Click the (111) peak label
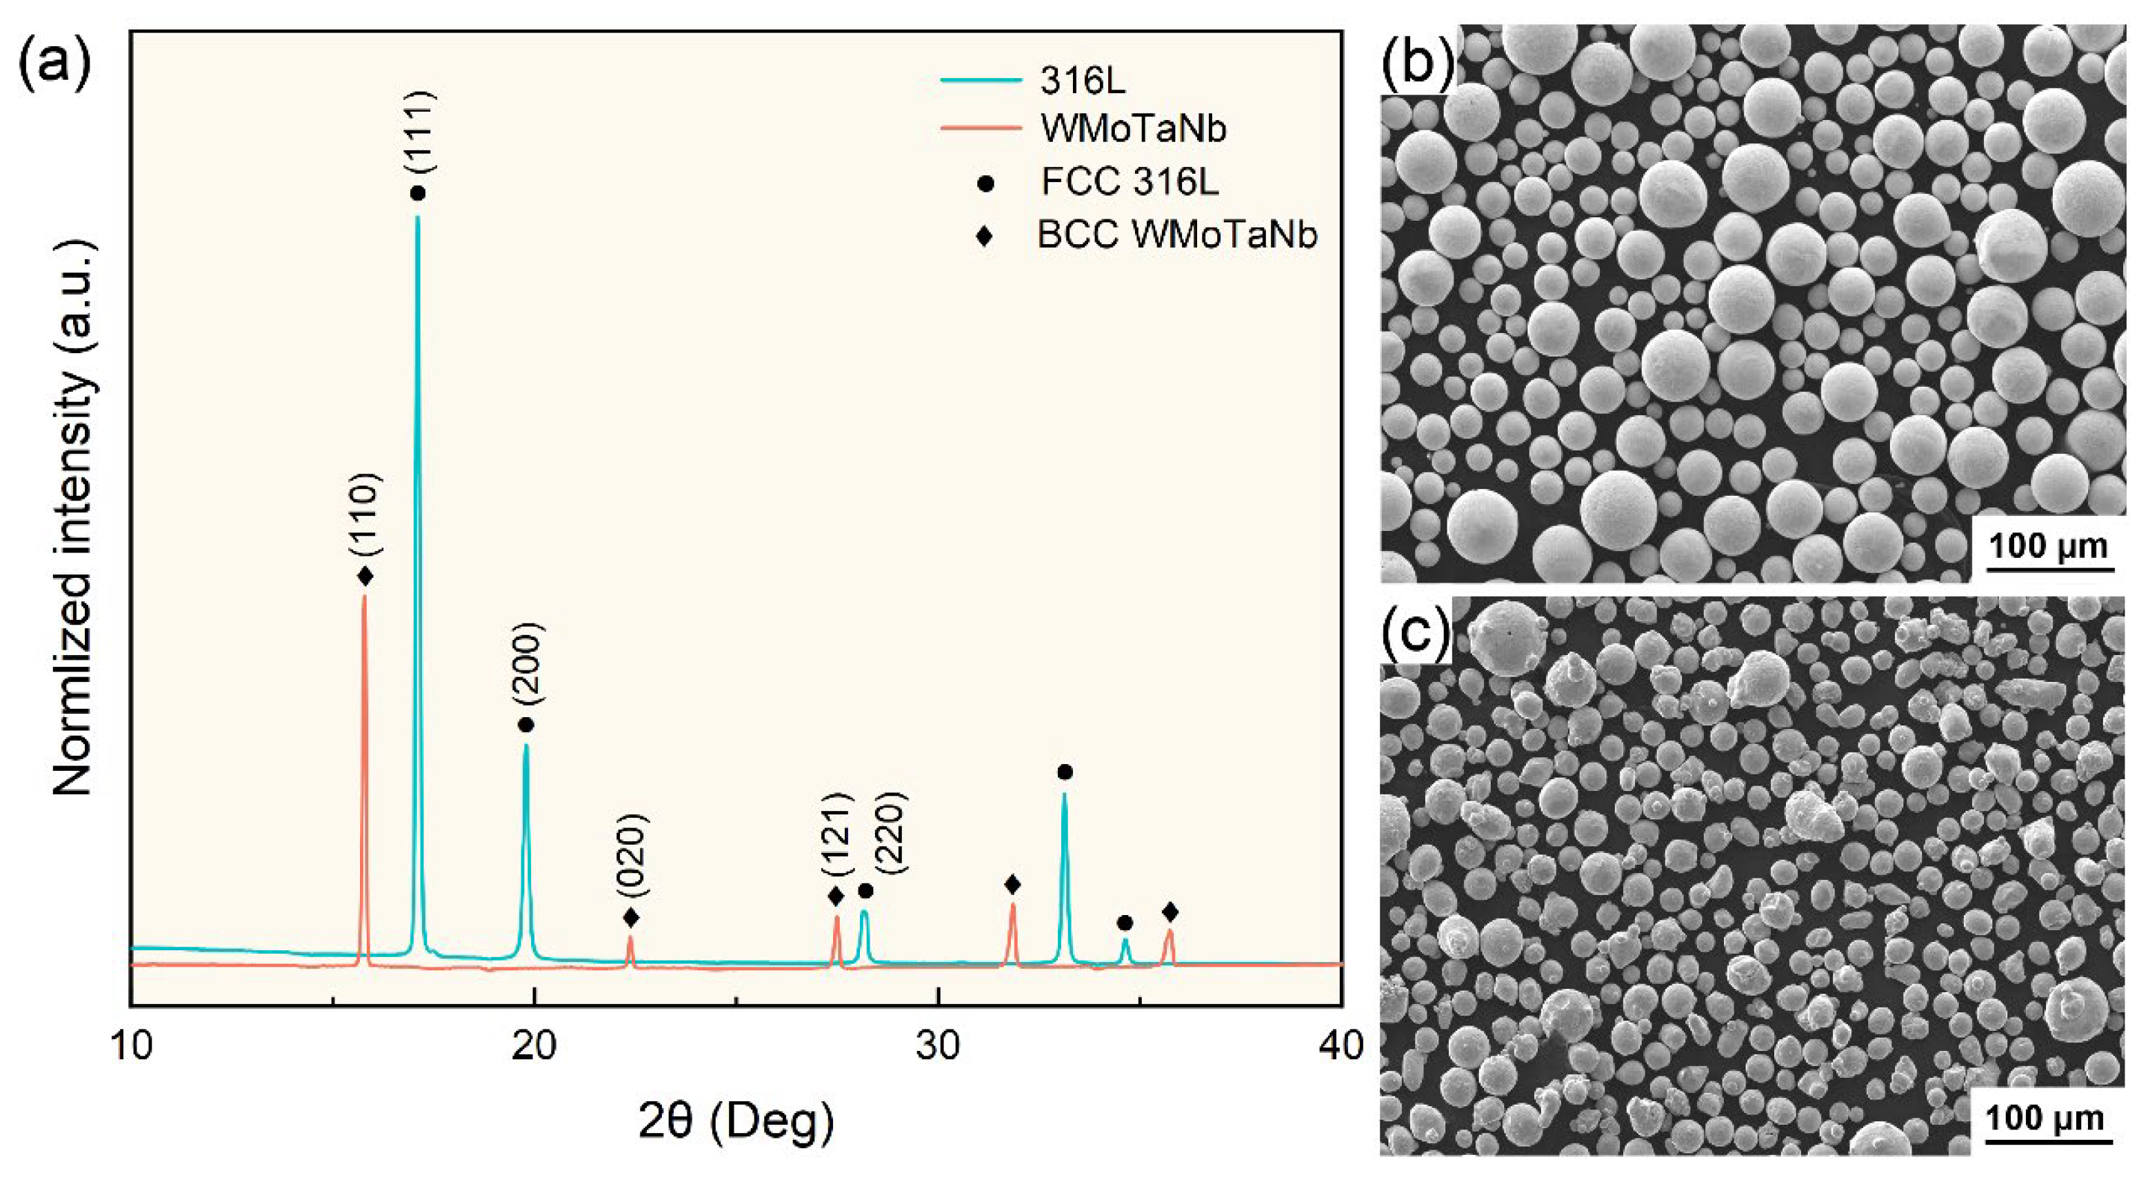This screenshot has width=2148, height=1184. pos(419,131)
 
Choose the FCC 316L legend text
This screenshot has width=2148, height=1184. pos(1130,182)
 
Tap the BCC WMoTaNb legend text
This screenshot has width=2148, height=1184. pos(1176,235)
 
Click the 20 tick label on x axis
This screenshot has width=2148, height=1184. pos(534,1046)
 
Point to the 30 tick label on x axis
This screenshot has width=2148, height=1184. pos(938,1046)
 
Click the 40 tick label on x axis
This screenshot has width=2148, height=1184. pos(1341,1046)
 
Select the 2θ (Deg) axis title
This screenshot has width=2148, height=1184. pos(736,1121)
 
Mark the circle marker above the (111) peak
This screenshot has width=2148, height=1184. pos(419,194)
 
